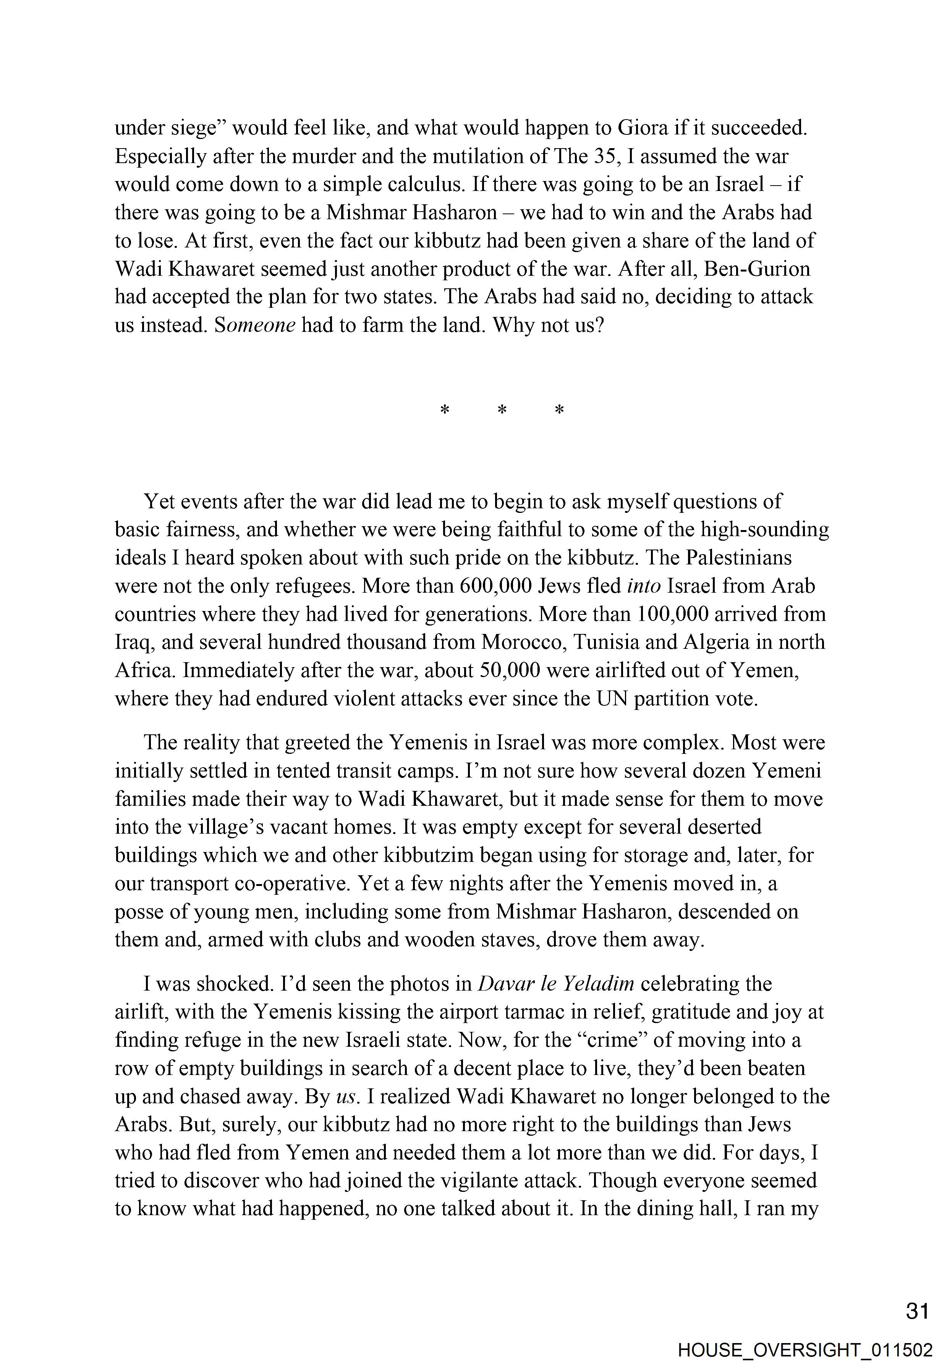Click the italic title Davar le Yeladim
555,983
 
